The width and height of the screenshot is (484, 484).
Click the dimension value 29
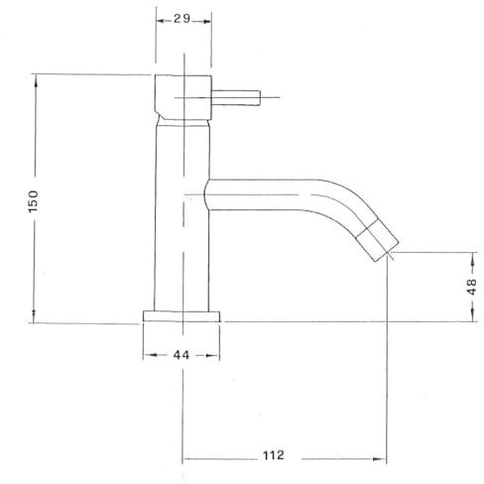point(182,19)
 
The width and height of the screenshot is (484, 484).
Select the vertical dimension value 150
point(34,201)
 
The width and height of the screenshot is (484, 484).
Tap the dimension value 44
point(181,355)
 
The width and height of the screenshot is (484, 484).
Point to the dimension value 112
point(274,455)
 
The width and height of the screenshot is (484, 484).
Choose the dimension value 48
point(473,287)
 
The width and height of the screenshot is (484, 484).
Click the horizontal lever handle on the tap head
point(236,98)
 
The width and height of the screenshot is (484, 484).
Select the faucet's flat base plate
point(181,316)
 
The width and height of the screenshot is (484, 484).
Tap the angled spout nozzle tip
point(377,244)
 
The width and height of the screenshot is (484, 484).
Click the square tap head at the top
point(183,97)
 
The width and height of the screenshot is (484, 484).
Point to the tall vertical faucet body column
point(181,216)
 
